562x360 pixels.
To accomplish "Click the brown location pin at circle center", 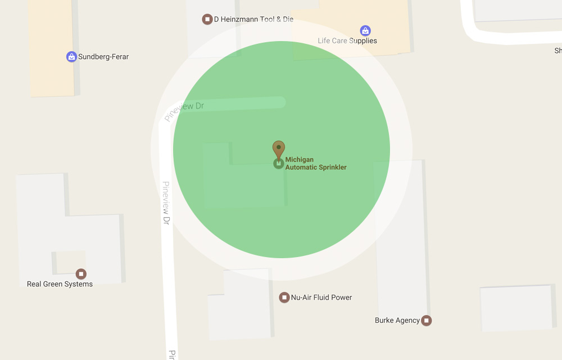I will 279,149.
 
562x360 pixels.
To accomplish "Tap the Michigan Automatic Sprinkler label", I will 316,164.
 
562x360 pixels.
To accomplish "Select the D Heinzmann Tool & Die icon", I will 207,19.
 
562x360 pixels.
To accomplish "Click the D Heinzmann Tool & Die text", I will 253,19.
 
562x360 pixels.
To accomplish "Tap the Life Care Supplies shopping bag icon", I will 365,30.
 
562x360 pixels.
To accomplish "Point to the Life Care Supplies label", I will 347,40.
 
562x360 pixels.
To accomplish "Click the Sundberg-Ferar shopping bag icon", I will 71,56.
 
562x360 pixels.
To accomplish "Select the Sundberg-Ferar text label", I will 103,57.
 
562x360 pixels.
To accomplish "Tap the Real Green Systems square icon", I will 81,274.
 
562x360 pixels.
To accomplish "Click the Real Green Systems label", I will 60,284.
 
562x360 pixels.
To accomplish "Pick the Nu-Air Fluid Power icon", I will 284,297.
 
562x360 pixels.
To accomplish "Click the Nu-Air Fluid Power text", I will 321,298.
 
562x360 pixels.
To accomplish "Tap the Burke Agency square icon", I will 427,321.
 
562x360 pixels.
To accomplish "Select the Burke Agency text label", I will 397,321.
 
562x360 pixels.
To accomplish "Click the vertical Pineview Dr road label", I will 166,203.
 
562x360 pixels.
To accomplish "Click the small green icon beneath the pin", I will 278,164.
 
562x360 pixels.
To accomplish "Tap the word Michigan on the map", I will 300,160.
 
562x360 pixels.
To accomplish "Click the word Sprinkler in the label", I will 332,167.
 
